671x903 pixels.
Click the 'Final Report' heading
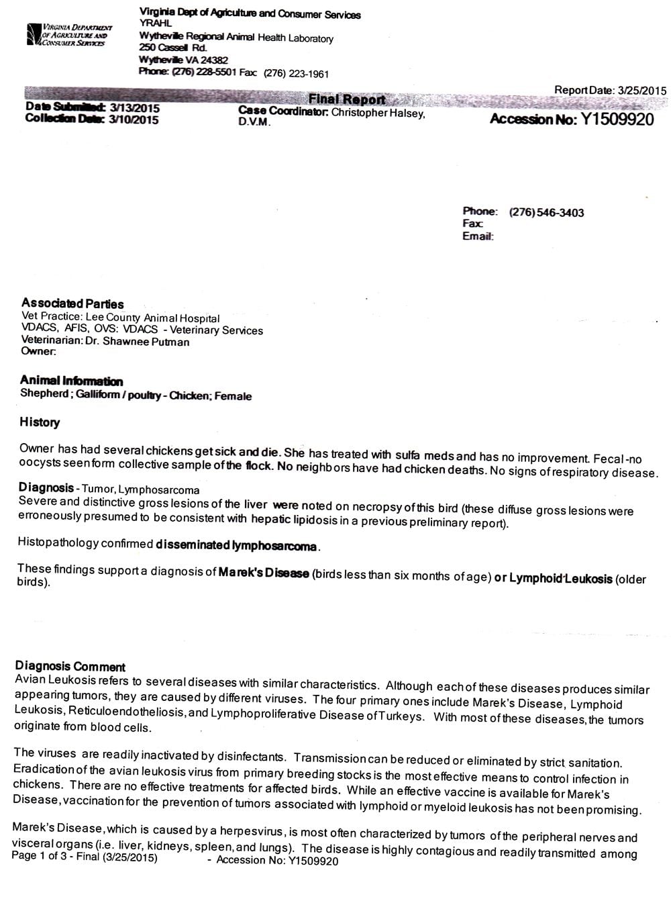point(346,99)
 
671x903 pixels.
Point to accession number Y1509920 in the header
point(617,120)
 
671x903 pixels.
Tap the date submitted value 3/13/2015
point(134,108)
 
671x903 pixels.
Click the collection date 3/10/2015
point(134,120)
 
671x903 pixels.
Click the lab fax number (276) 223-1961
point(296,74)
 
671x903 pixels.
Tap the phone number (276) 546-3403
point(546,213)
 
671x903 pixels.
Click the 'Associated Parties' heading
point(72,303)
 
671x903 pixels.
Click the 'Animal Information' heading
point(71,381)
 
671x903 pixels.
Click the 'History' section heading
point(40,422)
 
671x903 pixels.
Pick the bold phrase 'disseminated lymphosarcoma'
point(236,546)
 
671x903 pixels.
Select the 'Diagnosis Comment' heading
point(70,667)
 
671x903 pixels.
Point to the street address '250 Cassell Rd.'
point(173,48)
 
